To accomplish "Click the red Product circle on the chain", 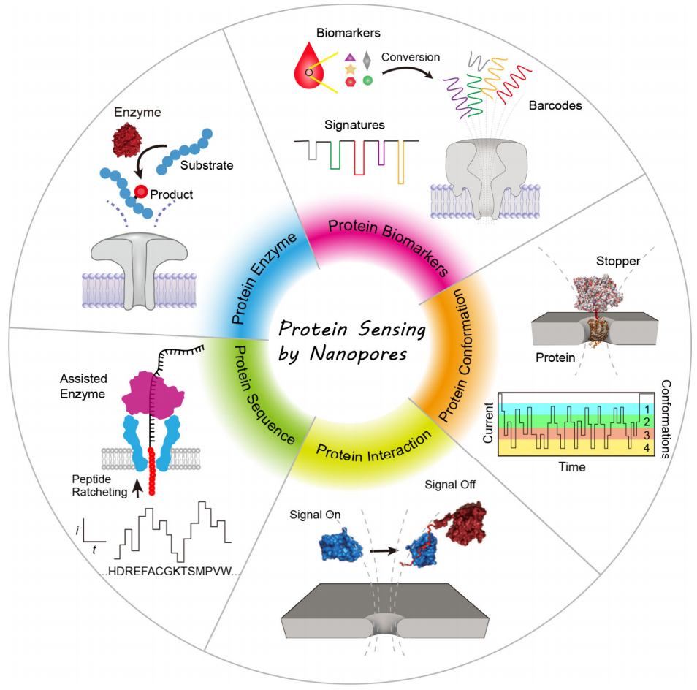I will point(140,192).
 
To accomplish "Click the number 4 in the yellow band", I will point(645,445).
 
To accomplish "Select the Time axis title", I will point(570,466).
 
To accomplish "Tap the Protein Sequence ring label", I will point(259,394).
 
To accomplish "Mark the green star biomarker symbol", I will point(368,80).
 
